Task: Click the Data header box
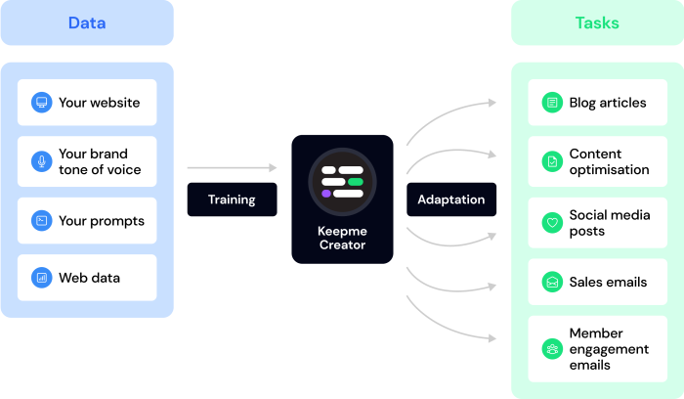87,23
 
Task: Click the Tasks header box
597,23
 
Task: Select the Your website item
87,103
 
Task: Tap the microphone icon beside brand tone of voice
41,161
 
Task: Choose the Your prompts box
87,220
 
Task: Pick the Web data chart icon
41,278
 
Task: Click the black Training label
232,199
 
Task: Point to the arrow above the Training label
232,168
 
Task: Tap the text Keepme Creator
342,238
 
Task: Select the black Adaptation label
450,199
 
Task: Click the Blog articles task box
597,103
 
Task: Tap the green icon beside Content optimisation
552,161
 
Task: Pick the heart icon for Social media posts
552,223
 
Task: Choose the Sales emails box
597,282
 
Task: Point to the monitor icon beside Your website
41,103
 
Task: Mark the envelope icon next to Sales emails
552,282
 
